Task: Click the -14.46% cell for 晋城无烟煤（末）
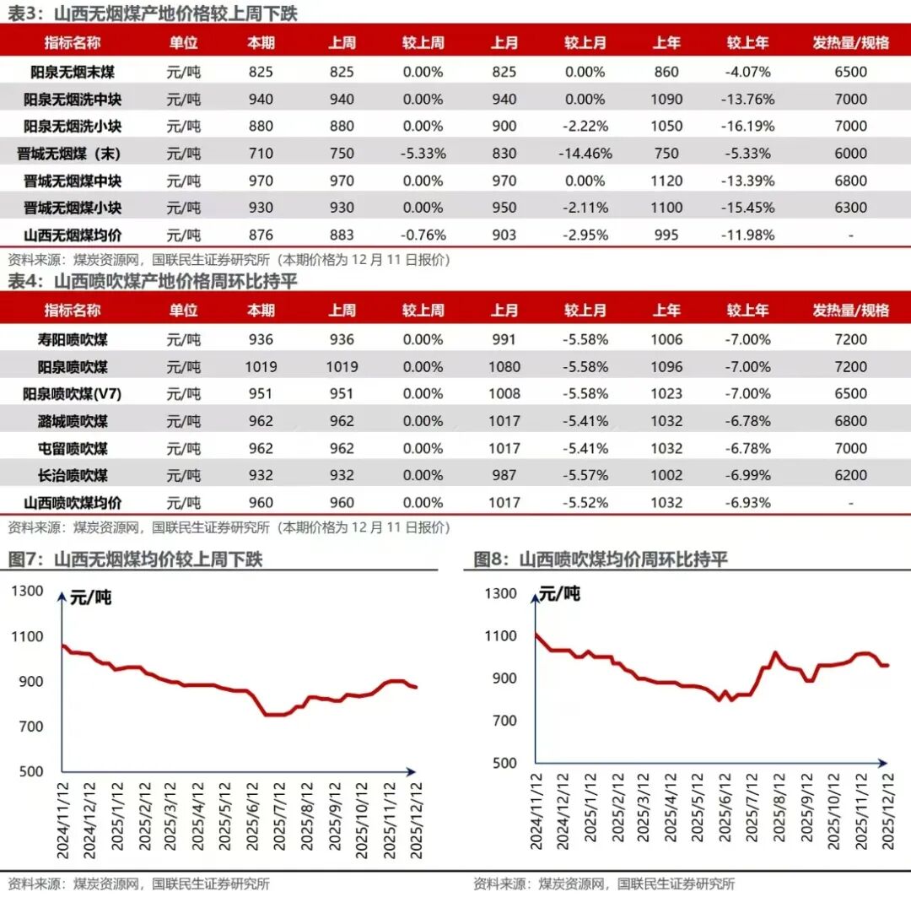tap(585, 154)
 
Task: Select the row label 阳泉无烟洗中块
tap(73, 100)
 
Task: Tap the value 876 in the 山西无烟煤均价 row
tap(261, 235)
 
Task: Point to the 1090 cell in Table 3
tap(666, 100)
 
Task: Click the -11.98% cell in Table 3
tap(747, 235)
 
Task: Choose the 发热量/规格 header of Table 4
tap(850, 311)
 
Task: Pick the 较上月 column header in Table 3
tap(585, 43)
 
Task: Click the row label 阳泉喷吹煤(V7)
tap(73, 394)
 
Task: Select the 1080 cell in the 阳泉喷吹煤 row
tap(504, 367)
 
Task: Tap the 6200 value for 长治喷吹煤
tap(850, 476)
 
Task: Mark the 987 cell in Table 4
tap(504, 476)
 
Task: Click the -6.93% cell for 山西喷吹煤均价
tap(747, 503)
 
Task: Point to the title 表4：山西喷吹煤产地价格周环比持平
tap(152, 281)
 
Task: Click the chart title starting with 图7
tap(135, 559)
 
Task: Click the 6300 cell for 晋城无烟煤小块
tap(850, 208)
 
